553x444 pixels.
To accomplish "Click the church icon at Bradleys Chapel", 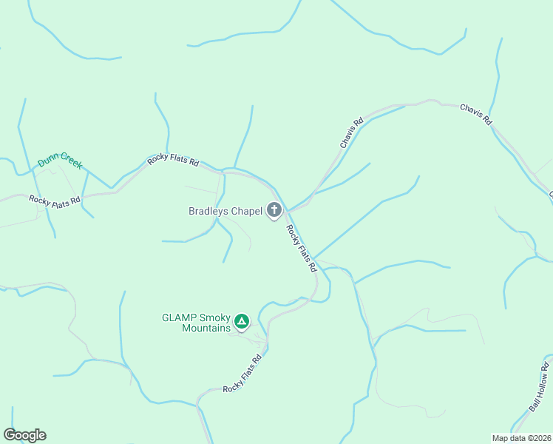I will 274,210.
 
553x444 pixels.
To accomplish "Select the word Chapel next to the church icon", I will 247,211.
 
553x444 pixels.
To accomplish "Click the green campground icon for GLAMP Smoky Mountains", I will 241,321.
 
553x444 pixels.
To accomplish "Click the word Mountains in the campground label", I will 206,328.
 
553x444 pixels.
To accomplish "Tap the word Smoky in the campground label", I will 217,317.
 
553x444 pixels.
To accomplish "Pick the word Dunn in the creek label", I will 50,160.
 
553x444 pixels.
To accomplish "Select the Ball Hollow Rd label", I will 540,388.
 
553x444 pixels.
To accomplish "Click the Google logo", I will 24,435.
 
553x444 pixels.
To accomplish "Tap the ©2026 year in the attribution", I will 539,437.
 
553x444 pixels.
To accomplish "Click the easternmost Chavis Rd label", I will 476,114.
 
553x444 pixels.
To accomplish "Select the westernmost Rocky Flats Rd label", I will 53,201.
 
